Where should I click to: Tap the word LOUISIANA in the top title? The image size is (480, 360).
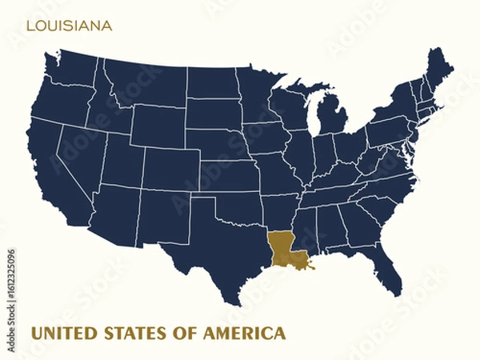(x=69, y=26)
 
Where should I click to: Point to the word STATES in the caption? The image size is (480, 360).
(x=135, y=332)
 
